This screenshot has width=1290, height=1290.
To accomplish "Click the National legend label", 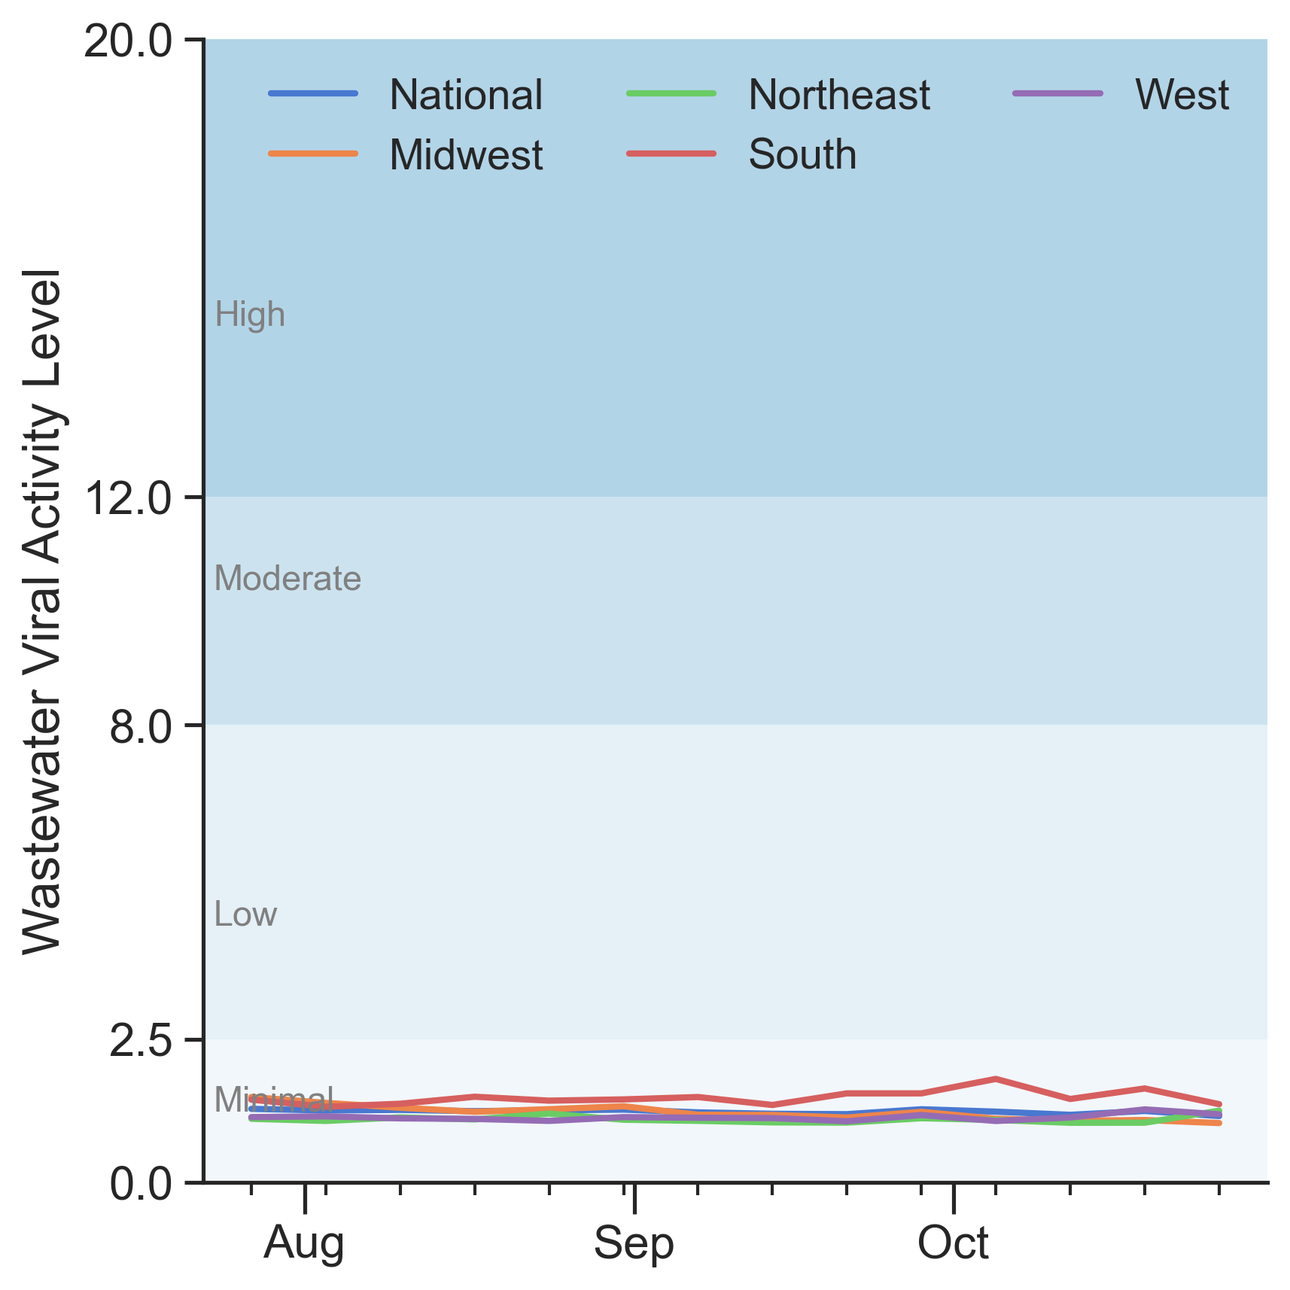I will point(465,96).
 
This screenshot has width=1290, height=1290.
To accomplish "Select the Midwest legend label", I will point(465,155).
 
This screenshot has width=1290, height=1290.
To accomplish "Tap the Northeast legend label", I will point(838,96).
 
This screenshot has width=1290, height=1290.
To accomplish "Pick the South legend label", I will point(802,155).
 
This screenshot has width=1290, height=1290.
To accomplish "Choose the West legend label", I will point(1182,96).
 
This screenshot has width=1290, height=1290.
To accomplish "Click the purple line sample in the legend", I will point(1058,93).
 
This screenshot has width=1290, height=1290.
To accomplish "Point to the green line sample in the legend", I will point(671,93).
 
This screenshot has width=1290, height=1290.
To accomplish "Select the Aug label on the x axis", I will point(304,1243).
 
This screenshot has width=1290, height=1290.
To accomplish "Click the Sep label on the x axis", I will point(634,1243).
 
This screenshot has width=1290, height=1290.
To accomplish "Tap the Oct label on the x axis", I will point(953,1243).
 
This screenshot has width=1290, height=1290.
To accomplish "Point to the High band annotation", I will point(250,315).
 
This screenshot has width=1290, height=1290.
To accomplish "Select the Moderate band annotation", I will point(288,579).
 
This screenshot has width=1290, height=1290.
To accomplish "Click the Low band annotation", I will point(245,914).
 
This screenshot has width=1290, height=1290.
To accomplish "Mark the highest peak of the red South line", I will point(995,1079).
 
